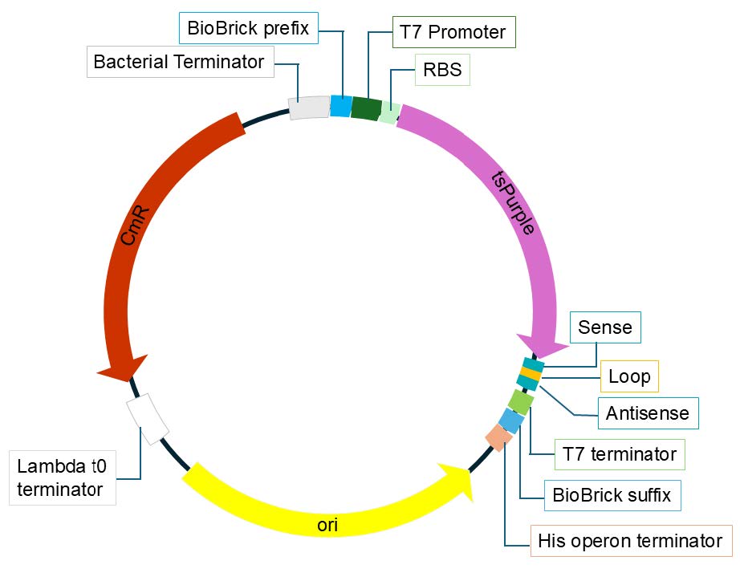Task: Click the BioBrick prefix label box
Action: [248, 28]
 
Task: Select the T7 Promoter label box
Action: [453, 32]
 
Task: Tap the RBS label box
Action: [442, 70]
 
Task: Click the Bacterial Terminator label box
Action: [179, 62]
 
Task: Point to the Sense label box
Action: [605, 327]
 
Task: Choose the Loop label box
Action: [629, 376]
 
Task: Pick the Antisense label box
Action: [648, 413]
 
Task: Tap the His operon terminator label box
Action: [631, 541]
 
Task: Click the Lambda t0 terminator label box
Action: [64, 477]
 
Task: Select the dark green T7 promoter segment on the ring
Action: [366, 108]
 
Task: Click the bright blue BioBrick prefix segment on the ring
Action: [341, 106]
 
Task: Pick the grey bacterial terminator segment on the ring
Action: [309, 108]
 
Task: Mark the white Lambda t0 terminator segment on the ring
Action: [148, 416]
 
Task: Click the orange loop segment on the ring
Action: [531, 374]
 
